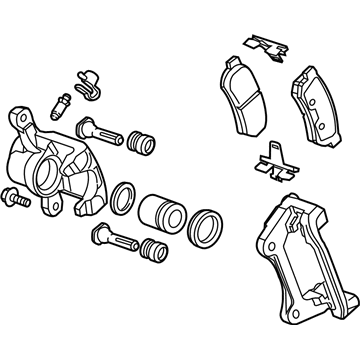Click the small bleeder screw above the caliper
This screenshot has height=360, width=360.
[61, 103]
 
